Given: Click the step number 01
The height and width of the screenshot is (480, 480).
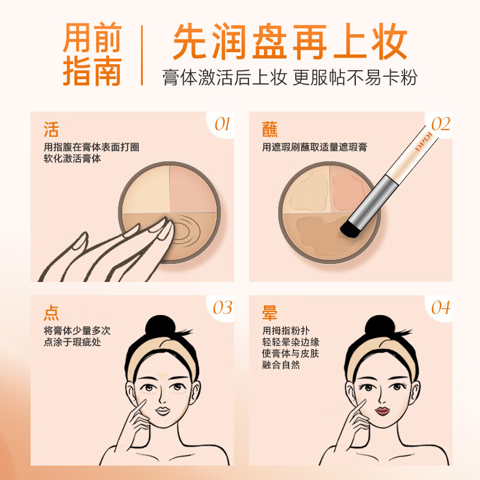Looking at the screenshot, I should [x=223, y=124].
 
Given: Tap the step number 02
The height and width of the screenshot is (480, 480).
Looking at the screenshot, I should [x=440, y=124].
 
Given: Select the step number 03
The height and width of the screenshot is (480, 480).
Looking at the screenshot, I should [x=223, y=308].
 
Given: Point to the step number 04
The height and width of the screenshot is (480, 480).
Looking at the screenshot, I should [x=440, y=308].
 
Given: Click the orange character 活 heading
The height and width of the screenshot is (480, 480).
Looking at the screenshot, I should [x=52, y=130].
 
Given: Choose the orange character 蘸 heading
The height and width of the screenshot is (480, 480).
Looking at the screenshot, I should [x=270, y=130].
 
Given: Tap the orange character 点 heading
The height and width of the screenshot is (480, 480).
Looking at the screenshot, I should [x=52, y=313].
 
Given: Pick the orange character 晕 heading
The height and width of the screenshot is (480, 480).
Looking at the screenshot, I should [x=270, y=313].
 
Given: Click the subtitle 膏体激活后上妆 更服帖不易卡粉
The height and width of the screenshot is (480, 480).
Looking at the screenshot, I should [x=290, y=77].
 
